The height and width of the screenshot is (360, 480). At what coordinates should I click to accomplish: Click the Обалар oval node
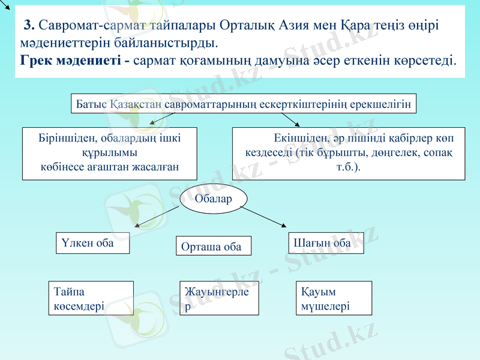[214, 199]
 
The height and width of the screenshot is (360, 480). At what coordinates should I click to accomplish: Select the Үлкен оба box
[92, 243]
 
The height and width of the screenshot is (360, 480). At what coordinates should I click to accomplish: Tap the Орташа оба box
[213, 247]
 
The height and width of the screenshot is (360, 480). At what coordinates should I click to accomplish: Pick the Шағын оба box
[326, 243]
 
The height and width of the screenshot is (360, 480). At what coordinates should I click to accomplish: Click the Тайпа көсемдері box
[91, 298]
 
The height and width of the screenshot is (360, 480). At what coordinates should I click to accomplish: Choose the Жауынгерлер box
[219, 298]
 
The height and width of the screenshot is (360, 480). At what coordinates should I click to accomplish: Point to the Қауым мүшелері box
[334, 298]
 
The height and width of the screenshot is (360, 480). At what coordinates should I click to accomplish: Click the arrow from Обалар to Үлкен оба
[157, 217]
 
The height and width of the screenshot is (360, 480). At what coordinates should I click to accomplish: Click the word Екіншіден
[298, 138]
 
